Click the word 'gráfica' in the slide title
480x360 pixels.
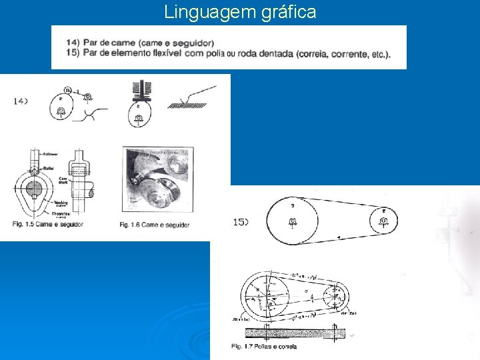(287, 12)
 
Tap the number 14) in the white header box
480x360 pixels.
(72, 43)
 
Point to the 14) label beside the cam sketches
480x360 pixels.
(20, 101)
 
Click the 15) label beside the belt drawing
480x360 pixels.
(241, 221)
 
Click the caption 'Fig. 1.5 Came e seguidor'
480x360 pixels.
(48, 225)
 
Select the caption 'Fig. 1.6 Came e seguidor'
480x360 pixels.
(155, 225)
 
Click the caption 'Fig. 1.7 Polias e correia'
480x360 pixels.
(264, 347)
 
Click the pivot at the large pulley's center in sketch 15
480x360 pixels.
(293, 221)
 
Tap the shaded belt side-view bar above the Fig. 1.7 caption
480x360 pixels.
(293, 333)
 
